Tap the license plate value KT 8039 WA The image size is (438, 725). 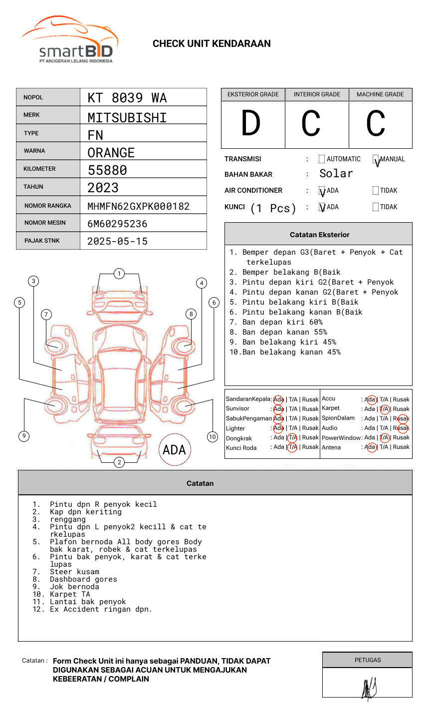pos(127,98)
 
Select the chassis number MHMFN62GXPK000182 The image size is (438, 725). pos(138,206)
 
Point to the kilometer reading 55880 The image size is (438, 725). pos(107,170)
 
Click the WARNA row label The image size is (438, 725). pos(34,151)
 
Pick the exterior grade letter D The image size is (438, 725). pos(251,123)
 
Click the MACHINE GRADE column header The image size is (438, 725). pos(380,94)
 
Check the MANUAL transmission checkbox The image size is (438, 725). pos(376,159)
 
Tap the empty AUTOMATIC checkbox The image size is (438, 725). pos(322,159)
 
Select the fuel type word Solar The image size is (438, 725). pos(336,174)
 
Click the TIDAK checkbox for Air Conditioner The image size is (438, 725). pos(376,191)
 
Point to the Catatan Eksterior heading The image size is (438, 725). pos(319,235)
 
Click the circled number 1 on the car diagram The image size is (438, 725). pos(119,274)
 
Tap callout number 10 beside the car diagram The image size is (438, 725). pos(213,437)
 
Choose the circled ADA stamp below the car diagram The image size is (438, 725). pos(174,450)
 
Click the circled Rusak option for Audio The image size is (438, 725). pos(402,428)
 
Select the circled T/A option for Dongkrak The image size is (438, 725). pos(293,437)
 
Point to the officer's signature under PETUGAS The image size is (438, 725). pos(369,689)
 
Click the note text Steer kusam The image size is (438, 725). pos(74,572)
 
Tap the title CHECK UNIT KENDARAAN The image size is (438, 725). pos(212,44)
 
